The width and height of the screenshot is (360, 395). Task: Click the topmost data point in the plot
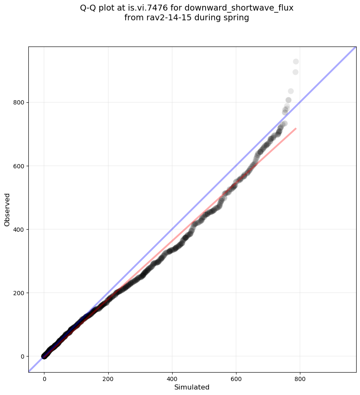[296, 62]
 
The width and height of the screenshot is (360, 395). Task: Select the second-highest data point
[295, 72]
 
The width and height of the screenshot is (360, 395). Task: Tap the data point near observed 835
[291, 91]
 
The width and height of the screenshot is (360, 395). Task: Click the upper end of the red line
[296, 128]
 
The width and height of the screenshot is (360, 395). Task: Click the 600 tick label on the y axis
[20, 166]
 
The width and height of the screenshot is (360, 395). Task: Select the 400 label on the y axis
[20, 229]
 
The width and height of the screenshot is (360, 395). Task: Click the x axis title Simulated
[192, 387]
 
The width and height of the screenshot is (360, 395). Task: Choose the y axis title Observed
[7, 209]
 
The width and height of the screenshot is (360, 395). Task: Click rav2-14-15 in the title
[164, 18]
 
